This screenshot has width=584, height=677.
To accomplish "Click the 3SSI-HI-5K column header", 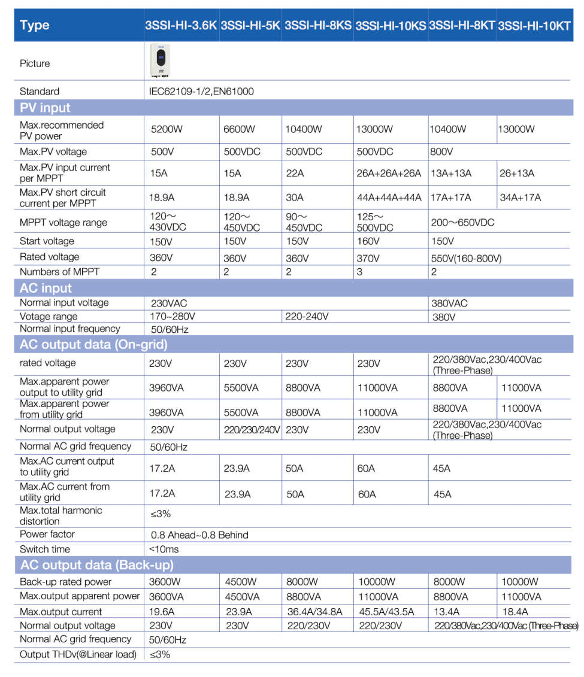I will [250, 26].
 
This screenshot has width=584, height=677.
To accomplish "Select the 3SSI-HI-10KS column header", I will [391, 26].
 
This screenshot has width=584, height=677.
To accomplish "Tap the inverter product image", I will [161, 62].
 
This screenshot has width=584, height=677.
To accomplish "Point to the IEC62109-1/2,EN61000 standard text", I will [201, 92].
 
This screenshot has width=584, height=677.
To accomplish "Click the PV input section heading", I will [45, 108].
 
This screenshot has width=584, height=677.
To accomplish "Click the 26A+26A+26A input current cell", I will [389, 174].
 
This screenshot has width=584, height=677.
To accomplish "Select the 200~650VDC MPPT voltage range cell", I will [463, 223].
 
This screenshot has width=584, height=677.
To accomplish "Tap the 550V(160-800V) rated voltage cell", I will [466, 259].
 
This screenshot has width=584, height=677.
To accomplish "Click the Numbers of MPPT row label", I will [59, 272].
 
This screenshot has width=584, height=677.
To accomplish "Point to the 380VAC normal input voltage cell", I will [449, 303].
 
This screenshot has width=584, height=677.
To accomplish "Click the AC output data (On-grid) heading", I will [93, 344].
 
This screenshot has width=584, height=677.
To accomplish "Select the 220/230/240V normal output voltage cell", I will [252, 430].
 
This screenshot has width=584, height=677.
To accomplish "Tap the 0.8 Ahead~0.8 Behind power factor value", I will [199, 535].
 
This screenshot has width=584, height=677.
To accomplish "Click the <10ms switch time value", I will [164, 550].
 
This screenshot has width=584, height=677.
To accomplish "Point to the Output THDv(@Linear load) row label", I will [78, 655].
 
